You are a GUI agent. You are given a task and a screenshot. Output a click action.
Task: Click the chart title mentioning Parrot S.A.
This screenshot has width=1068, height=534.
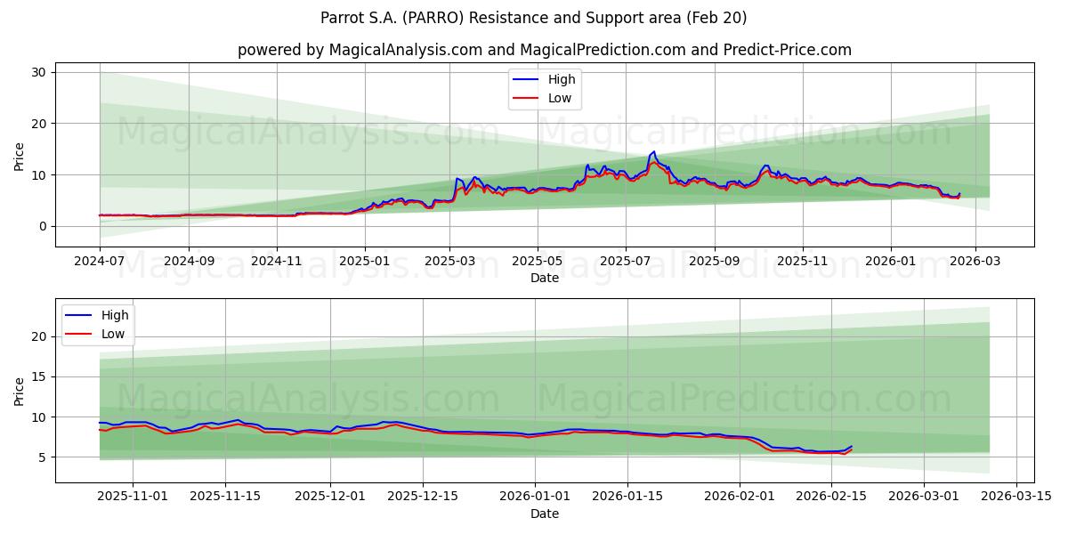[534, 18]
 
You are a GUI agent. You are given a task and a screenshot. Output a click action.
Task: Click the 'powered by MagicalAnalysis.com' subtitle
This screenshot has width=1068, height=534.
[544, 50]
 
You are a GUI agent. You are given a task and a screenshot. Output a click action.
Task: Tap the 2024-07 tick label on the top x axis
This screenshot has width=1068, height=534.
[100, 262]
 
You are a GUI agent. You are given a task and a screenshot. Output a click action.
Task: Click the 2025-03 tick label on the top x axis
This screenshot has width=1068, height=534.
[449, 262]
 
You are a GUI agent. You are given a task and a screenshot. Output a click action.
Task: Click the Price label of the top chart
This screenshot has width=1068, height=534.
[20, 155]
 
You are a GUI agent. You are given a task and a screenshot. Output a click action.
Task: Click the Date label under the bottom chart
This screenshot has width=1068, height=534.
[544, 514]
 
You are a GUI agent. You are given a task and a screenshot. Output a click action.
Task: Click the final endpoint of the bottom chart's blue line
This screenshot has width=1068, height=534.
[852, 446]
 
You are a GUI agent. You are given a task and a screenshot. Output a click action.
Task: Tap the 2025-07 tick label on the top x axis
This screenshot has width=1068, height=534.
[625, 262]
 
